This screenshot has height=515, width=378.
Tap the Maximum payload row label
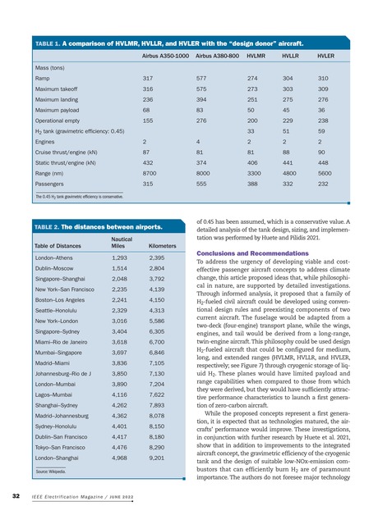(x=58, y=107)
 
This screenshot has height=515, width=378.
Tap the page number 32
(x=16, y=496)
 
